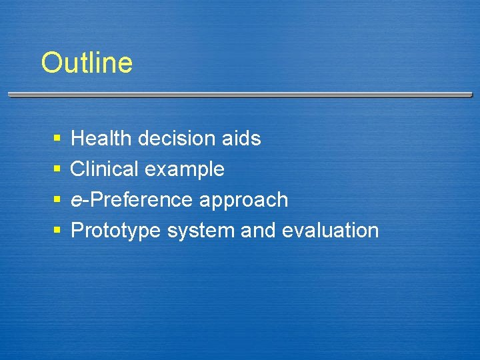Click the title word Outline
[x=87, y=63]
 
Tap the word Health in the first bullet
[x=101, y=139]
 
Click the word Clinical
[x=105, y=169]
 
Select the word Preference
[x=138, y=200]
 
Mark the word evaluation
[x=330, y=231]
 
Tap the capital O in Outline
[x=51, y=63]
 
